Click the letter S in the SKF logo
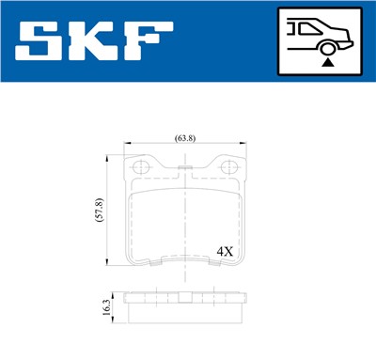pos(45,41)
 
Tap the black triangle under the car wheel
pos(326,62)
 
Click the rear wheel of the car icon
pos(326,47)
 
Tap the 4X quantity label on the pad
pos(226,252)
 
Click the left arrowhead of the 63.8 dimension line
pos(129,145)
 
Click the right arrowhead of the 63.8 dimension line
pos(243,145)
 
